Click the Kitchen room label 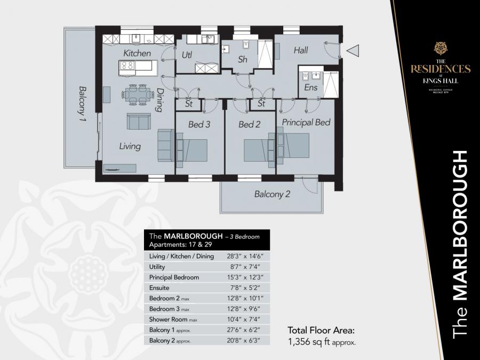pos(137,53)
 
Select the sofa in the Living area pos(139,122)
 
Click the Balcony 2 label pos(272,195)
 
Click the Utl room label pos(187,54)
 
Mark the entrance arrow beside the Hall pos(353,51)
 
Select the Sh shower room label pos(243,60)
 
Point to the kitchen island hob pos(128,66)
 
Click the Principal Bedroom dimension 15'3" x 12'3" pos(243,277)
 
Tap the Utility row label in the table pos(158,267)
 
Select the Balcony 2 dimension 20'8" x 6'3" pos(243,340)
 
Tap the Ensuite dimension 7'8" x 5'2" pos(243,288)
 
